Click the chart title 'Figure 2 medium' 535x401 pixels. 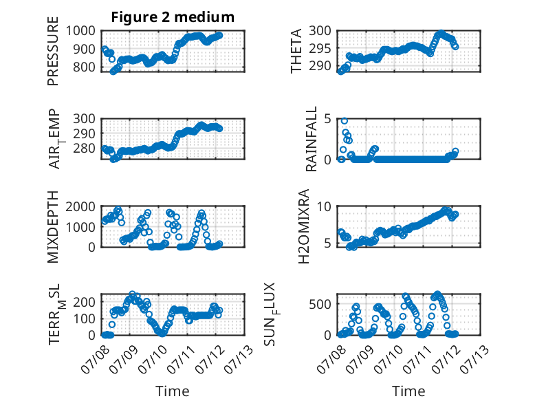coord(173,17)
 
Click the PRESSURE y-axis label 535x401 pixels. coord(53,51)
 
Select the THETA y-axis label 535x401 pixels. coord(296,51)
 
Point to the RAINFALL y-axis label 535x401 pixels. coord(312,139)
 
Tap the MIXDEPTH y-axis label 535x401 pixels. coord(53,226)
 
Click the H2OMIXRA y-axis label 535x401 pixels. coord(303,226)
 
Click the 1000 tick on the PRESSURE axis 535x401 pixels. coord(80,31)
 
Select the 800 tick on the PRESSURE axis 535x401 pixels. coord(85,67)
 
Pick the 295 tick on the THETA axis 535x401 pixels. coord(320,48)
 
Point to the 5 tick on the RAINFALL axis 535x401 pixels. coord(327,119)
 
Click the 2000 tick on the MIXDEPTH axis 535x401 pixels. coord(80,206)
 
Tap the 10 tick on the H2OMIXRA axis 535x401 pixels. coord(324,206)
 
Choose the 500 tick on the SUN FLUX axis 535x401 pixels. coord(320,304)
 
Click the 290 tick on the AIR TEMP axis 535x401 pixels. coord(85,133)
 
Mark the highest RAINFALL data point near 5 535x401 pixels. coord(345,121)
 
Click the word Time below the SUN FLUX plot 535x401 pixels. coord(408,391)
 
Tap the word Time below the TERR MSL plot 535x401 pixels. coord(173,391)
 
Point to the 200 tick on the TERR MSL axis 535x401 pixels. coord(85,302)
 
